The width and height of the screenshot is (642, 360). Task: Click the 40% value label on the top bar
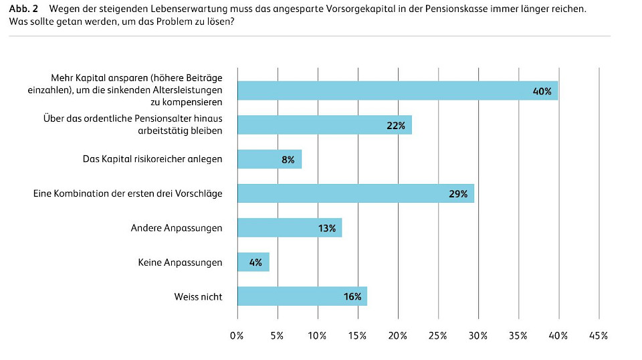[x=542, y=91]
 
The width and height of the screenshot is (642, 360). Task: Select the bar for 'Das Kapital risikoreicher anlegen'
[x=270, y=159]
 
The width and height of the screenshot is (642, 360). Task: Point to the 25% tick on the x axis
[x=438, y=335]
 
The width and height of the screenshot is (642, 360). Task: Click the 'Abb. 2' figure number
[x=23, y=9]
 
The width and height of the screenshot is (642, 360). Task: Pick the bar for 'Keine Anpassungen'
[x=253, y=262]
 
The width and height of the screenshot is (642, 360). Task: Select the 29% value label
[x=458, y=194]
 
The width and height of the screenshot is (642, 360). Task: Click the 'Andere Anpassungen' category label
[x=176, y=228]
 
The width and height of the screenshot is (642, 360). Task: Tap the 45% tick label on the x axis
[x=599, y=335]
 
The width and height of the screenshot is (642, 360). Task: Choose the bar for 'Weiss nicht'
[x=302, y=296]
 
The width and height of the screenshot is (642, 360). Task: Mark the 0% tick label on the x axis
[x=237, y=335]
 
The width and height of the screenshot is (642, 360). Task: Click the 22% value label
[x=396, y=126]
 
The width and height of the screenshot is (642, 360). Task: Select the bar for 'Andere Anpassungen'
[x=289, y=228]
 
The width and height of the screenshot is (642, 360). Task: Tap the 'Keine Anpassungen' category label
[x=179, y=262]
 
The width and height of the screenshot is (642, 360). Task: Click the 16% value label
[x=352, y=297]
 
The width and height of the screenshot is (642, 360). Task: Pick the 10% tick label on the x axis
[x=317, y=335]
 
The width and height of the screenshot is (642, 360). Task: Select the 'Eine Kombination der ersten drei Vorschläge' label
[x=128, y=193]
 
